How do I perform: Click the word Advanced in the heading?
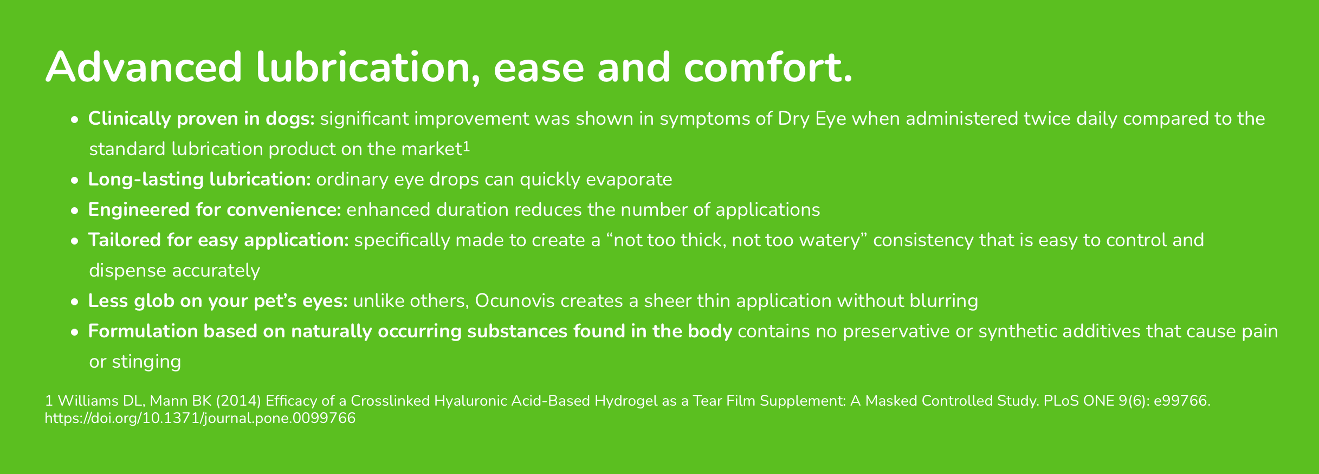point(144,67)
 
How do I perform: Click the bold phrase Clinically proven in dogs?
point(201,119)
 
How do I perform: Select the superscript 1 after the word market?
point(466,146)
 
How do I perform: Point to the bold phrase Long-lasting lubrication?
point(199,180)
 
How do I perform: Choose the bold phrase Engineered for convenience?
point(215,210)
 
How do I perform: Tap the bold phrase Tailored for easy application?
point(218,240)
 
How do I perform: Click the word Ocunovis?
point(515,301)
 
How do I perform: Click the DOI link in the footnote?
point(200,418)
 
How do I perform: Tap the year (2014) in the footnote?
point(239,401)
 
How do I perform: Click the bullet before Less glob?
point(75,302)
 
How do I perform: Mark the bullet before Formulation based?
point(75,332)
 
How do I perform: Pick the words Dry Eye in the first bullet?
point(812,119)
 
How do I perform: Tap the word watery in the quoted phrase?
point(834,240)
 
